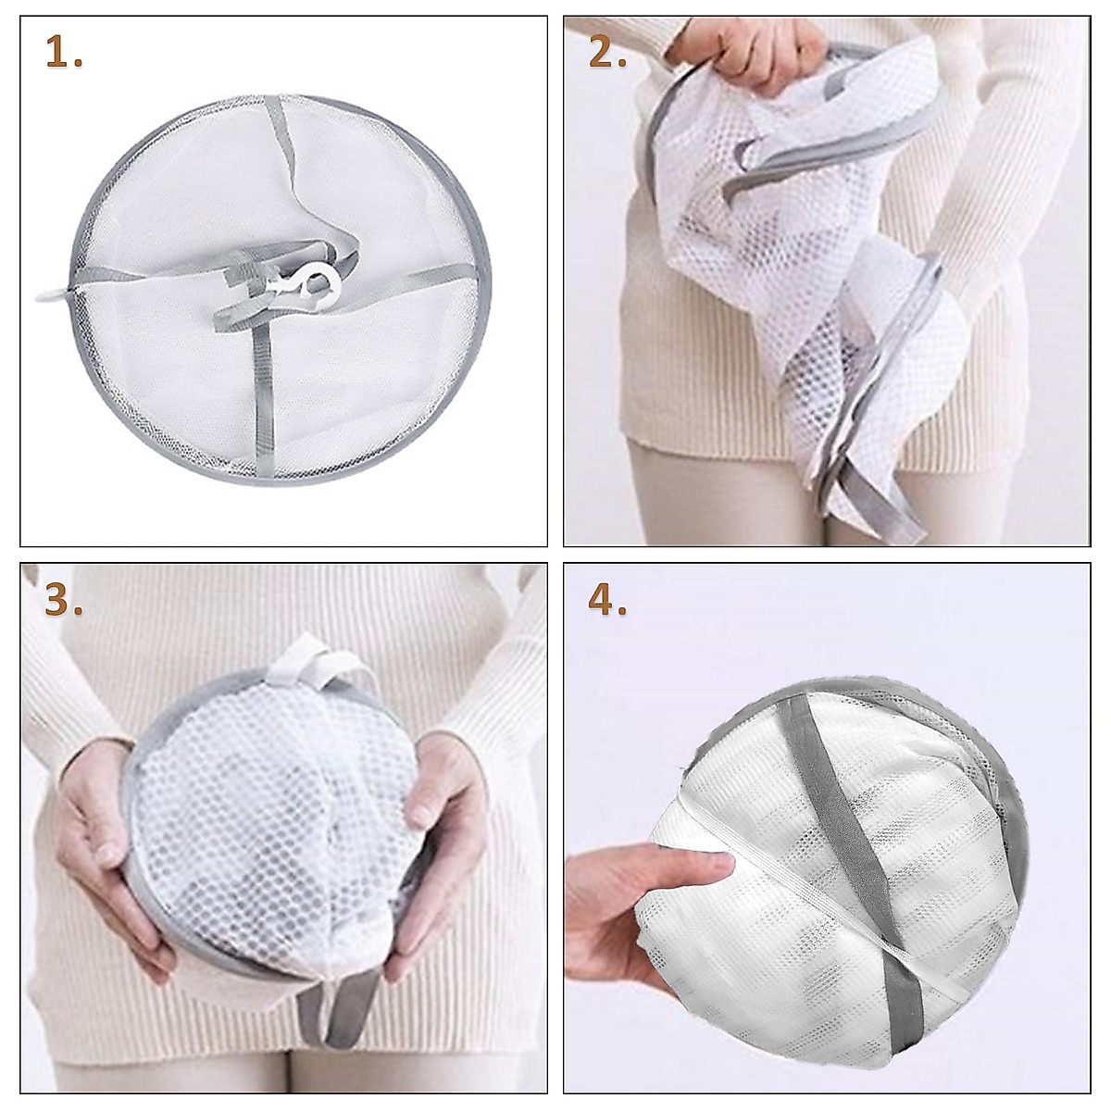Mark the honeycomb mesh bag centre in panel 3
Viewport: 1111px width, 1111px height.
(268, 815)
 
